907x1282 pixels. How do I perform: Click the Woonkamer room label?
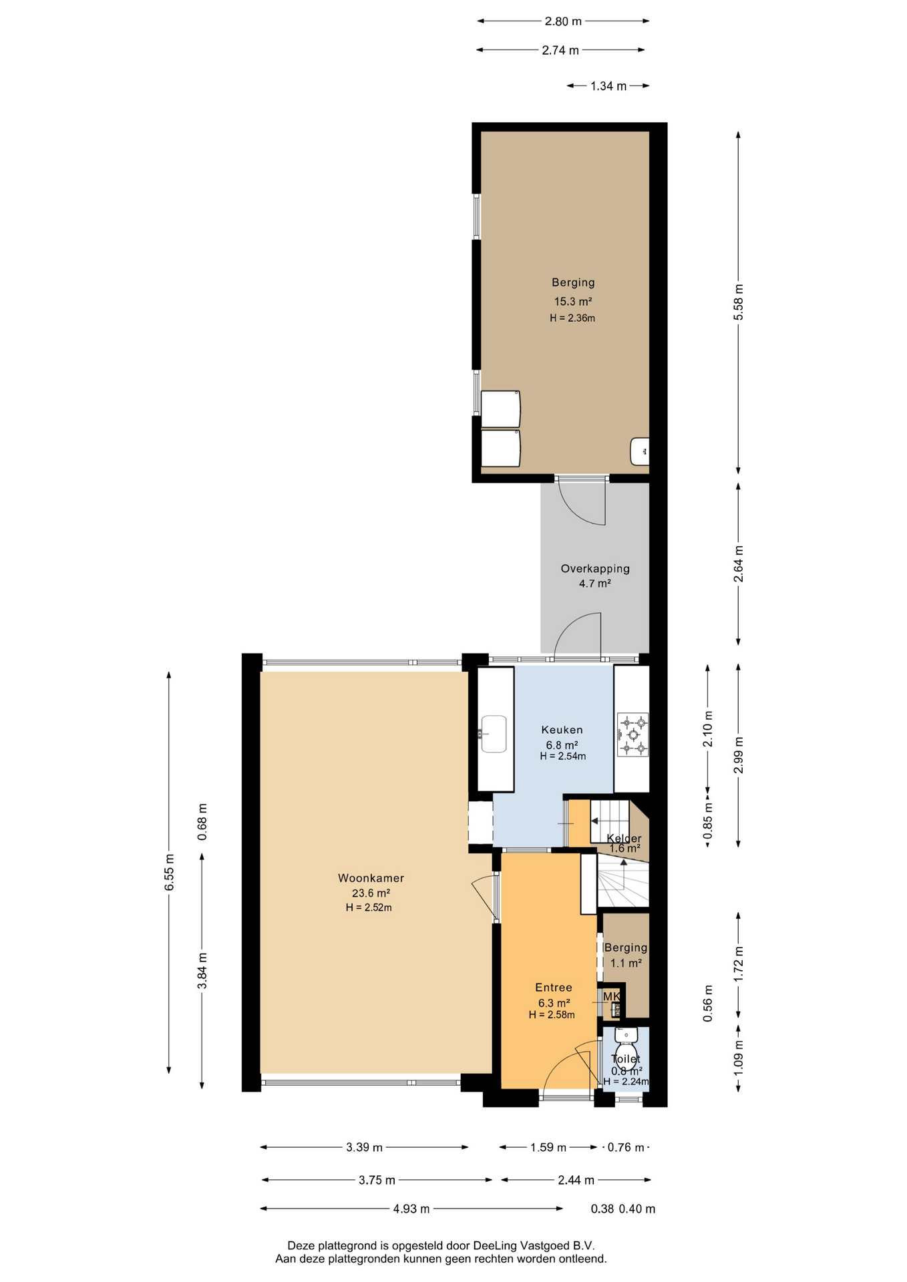[x=371, y=878]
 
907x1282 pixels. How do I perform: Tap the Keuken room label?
[x=562, y=730]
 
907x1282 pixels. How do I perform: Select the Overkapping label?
[x=595, y=569]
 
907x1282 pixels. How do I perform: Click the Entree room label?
[x=554, y=988]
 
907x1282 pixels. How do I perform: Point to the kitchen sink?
[x=493, y=734]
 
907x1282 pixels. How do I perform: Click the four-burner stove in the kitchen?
[x=632, y=734]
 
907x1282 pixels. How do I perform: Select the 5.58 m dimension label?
[x=738, y=302]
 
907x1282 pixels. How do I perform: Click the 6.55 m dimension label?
[x=169, y=872]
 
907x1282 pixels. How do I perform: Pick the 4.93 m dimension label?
[x=411, y=1209]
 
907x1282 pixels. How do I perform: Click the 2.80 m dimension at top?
[x=563, y=21]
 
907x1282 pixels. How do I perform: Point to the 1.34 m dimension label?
[x=608, y=85]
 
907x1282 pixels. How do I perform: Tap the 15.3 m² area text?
[x=573, y=301]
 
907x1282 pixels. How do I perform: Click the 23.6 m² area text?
[x=371, y=893]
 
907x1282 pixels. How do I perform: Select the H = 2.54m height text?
[x=563, y=757]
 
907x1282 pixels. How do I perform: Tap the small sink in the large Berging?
[x=640, y=451]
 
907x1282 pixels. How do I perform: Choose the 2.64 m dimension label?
[x=738, y=564]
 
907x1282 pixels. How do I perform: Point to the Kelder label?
[x=624, y=839]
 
